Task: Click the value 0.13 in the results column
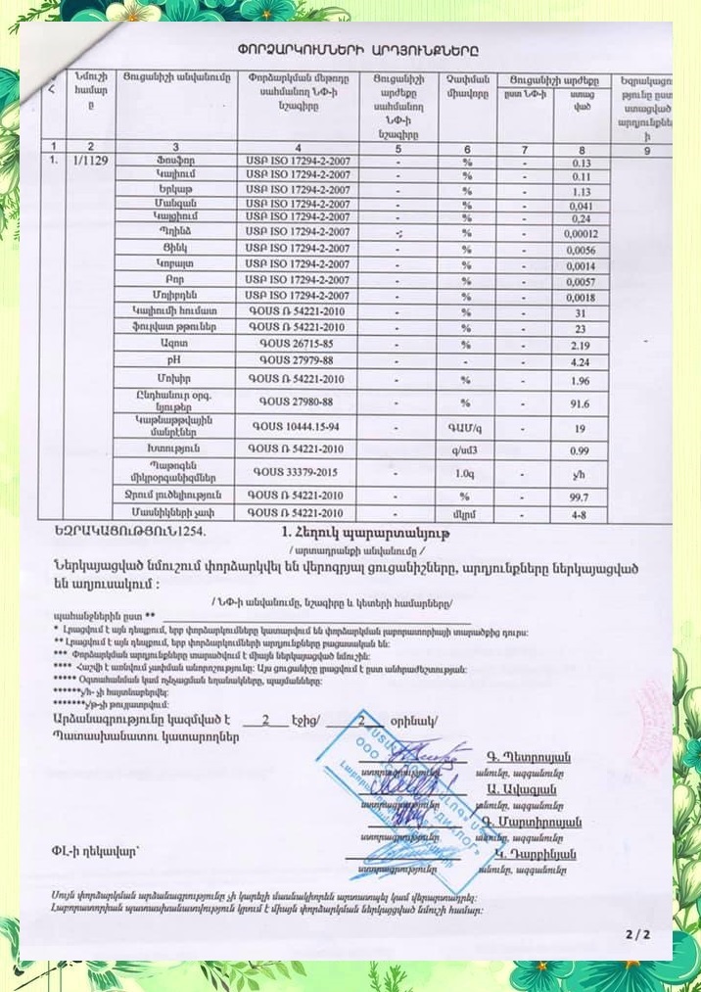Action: coord(583,163)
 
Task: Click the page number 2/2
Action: coord(638,935)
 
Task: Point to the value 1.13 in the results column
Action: coord(584,192)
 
